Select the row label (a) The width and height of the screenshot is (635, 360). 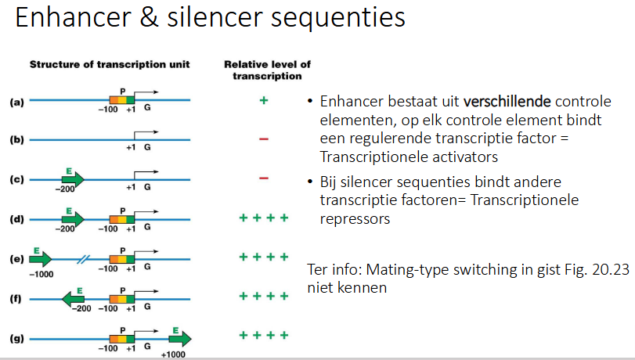[x=16, y=101]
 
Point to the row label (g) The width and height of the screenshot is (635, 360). [x=16, y=338]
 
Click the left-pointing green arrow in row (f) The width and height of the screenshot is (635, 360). [x=74, y=297]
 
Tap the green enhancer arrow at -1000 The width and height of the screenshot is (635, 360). [x=41, y=257]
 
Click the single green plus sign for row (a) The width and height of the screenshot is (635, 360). [x=264, y=101]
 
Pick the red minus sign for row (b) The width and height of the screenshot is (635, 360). [x=264, y=139]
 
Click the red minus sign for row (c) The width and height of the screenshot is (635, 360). [x=264, y=178]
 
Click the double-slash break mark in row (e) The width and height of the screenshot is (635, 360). [x=82, y=257]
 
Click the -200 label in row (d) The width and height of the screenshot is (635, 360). [x=66, y=229]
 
